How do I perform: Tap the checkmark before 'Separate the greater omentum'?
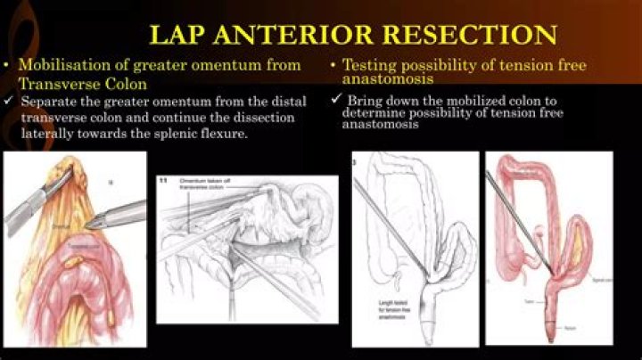(x=8, y=102)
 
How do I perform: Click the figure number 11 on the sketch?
(x=163, y=181)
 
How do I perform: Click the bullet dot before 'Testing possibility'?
(x=333, y=66)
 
